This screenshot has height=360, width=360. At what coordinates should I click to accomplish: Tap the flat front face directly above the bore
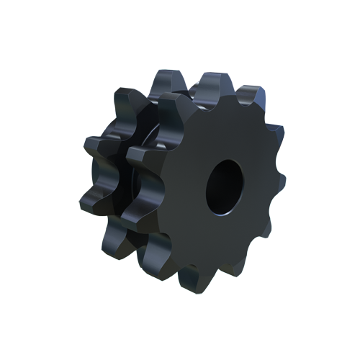coord(223,130)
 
